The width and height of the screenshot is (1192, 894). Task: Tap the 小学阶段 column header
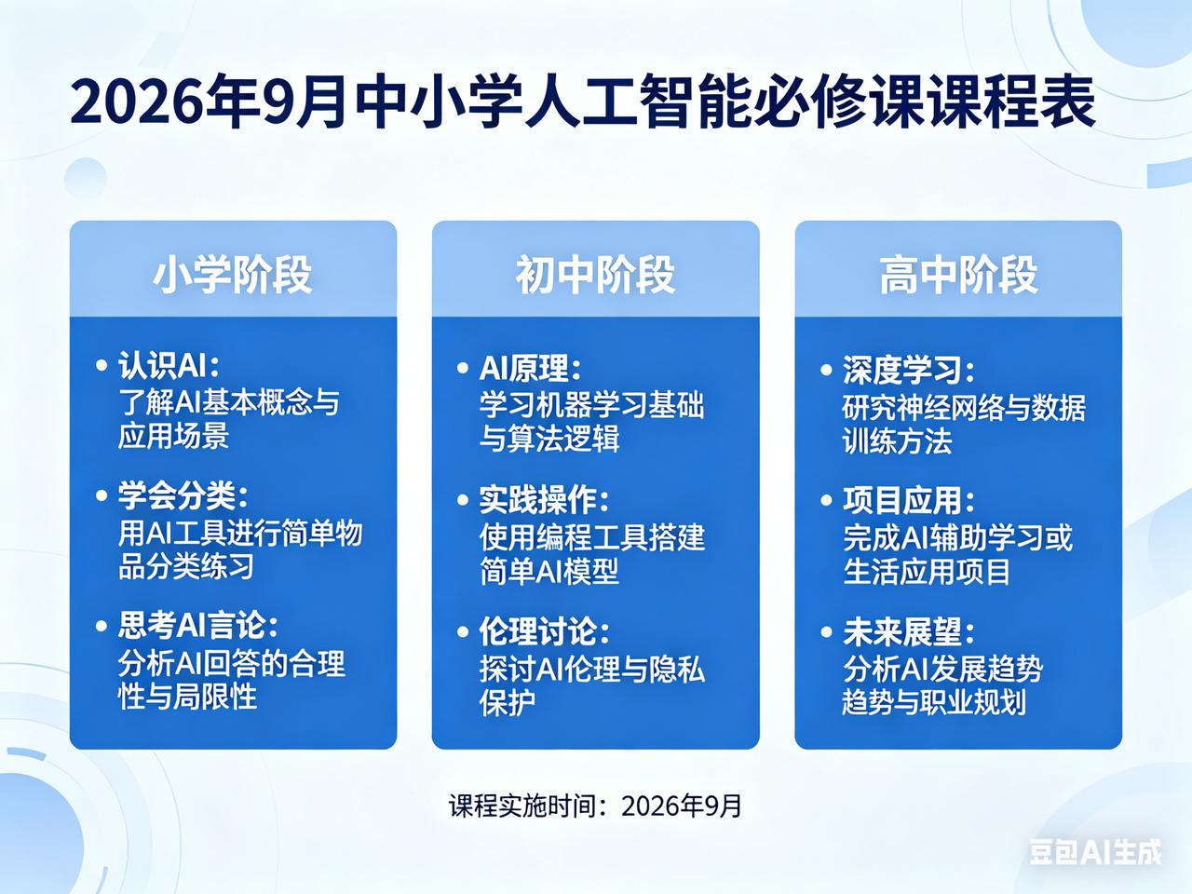[233, 275]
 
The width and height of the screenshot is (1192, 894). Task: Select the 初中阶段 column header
[595, 275]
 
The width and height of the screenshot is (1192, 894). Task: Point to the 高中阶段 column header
[958, 275]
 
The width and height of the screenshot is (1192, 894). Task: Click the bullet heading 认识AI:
[169, 365]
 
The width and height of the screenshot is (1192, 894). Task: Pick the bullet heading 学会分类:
[183, 496]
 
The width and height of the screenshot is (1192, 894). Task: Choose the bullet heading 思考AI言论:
[197, 625]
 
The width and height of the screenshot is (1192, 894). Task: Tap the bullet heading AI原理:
[531, 369]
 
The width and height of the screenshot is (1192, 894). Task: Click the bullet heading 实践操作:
[544, 500]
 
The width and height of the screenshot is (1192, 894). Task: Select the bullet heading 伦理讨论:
[544, 631]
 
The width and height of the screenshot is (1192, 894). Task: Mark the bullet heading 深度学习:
[909, 371]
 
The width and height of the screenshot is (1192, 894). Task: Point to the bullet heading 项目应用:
[909, 500]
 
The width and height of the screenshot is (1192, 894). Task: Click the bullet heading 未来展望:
[909, 632]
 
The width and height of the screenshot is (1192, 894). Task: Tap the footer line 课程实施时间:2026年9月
[595, 806]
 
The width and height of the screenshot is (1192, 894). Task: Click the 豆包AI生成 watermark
[1096, 852]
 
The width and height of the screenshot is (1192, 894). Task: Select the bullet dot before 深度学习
[826, 371]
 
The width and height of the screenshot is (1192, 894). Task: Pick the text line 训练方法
[897, 441]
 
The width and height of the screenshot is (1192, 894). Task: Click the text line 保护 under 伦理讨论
[508, 703]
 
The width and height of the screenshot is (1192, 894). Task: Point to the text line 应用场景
[174, 436]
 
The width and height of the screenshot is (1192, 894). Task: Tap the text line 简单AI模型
[549, 572]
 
